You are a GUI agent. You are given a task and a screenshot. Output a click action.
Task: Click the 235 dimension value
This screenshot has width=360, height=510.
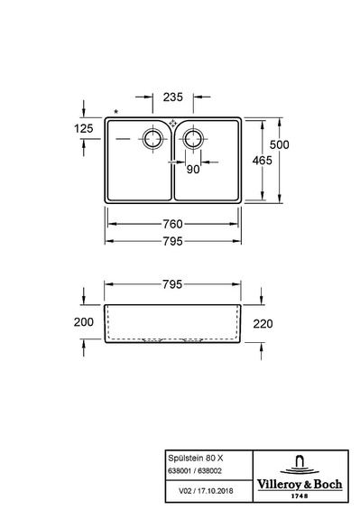tap(173, 97)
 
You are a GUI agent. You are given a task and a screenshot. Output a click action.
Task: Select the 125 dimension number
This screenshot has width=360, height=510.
tap(84, 128)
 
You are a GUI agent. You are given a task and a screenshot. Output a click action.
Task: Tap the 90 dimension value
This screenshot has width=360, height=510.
tap(193, 169)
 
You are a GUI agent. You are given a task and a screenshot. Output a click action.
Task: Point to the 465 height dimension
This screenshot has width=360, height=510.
tap(263, 160)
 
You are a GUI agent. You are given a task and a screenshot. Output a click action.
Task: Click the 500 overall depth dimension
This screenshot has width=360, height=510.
tap(279, 144)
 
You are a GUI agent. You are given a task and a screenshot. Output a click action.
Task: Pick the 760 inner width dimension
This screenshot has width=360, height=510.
tap(172, 224)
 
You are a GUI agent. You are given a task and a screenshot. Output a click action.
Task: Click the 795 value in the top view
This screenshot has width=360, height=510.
tap(172, 241)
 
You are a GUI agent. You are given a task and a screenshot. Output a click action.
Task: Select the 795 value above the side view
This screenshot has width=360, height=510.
tap(172, 284)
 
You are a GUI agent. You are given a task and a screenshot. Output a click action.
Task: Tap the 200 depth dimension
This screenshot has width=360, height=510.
tap(84, 322)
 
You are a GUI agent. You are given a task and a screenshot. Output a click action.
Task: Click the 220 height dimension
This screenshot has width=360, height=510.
tap(263, 324)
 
